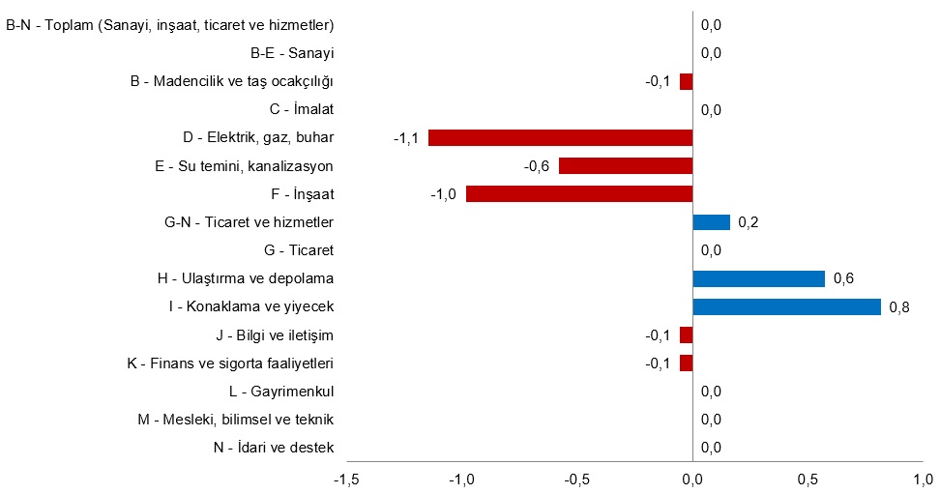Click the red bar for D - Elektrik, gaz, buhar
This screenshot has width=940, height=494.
tap(561, 137)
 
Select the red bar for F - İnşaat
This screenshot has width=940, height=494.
tap(579, 194)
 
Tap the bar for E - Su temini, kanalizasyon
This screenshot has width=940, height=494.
tap(626, 165)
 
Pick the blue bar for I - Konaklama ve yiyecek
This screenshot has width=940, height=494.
tap(786, 307)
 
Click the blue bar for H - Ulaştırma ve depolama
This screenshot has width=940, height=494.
tap(758, 278)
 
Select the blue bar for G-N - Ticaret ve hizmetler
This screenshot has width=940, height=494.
tap(711, 222)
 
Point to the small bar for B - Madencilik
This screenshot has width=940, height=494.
tap(686, 81)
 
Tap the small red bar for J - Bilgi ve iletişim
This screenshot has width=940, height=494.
tap(686, 335)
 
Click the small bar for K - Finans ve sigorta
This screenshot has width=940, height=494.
tap(686, 363)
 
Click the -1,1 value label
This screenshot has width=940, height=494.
tap(405, 138)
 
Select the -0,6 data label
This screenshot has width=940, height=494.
tap(537, 166)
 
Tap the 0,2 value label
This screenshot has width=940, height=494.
tap(749, 223)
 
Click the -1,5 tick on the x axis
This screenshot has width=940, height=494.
tap(348, 479)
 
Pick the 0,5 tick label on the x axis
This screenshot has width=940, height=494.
tap(807, 479)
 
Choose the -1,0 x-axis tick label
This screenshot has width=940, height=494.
tap(462, 479)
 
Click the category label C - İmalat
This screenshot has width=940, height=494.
tap(302, 109)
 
